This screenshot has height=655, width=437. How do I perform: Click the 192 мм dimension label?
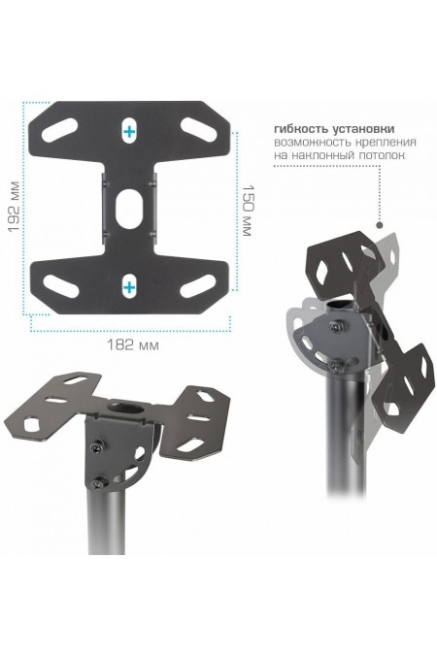pos(14,207)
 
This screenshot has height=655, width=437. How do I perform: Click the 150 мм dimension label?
pos(247,211)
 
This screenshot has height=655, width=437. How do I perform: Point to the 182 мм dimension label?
pos(133,345)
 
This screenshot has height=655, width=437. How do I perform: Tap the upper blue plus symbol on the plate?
pos(129,132)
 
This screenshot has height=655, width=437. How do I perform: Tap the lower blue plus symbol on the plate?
pos(129,287)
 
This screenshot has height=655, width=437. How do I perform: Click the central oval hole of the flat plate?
pos(129,209)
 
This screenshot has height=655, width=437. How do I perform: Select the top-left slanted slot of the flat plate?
pos(60,130)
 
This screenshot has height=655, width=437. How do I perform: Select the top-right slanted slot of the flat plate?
pos(198,129)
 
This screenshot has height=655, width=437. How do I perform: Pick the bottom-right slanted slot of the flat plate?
pos(198,286)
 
